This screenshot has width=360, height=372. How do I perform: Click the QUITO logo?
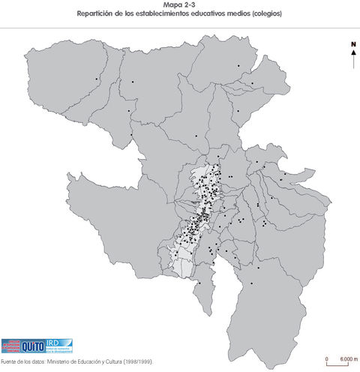(x=34, y=346)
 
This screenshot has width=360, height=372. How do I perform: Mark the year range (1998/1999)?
(x=139, y=361)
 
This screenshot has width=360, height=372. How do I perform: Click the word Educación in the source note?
(x=91, y=361)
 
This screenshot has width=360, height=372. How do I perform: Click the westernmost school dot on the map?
(x=97, y=79)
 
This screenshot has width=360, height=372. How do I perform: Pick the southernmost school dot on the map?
(x=251, y=283)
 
